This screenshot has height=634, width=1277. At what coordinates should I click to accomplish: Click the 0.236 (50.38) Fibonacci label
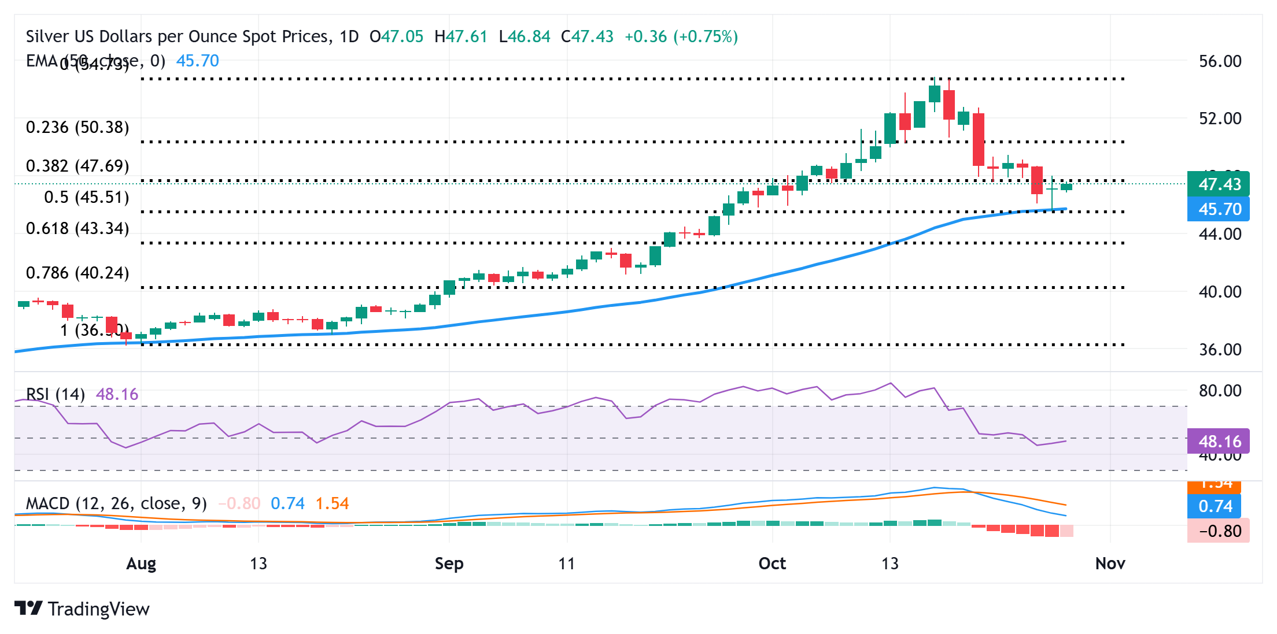(x=77, y=127)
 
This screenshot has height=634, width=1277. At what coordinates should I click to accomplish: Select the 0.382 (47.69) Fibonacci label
(x=77, y=166)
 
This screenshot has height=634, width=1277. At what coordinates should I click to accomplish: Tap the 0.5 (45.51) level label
(x=87, y=197)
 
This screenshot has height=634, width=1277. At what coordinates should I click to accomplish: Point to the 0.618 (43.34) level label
(x=77, y=228)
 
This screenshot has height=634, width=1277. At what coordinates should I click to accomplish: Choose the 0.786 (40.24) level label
(x=77, y=273)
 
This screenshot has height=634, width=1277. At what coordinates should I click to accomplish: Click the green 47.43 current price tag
(x=1218, y=184)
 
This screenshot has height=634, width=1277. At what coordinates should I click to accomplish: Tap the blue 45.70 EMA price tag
(x=1218, y=209)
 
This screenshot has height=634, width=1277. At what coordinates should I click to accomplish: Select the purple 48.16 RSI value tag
(x=1218, y=442)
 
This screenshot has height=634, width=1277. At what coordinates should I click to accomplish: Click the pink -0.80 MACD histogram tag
(x=1218, y=531)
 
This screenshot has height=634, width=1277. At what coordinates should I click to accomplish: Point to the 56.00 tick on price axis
(x=1220, y=61)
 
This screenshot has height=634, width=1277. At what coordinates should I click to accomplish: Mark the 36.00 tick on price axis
(x=1220, y=350)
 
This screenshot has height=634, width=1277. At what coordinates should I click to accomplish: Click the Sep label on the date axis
(x=449, y=563)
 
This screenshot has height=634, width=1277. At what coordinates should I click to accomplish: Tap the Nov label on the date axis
(x=1110, y=563)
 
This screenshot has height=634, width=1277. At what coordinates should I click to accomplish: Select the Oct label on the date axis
(x=772, y=563)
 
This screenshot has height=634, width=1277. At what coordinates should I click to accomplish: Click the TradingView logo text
(x=98, y=609)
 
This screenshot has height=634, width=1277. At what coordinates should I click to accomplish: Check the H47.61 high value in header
(x=461, y=36)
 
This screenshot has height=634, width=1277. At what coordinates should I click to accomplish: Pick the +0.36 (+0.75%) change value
(x=681, y=36)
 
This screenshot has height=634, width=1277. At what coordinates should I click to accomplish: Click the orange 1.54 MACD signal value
(x=332, y=503)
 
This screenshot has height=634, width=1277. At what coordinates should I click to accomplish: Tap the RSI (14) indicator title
(x=56, y=394)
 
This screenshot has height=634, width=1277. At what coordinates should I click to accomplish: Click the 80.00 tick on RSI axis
(x=1220, y=391)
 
